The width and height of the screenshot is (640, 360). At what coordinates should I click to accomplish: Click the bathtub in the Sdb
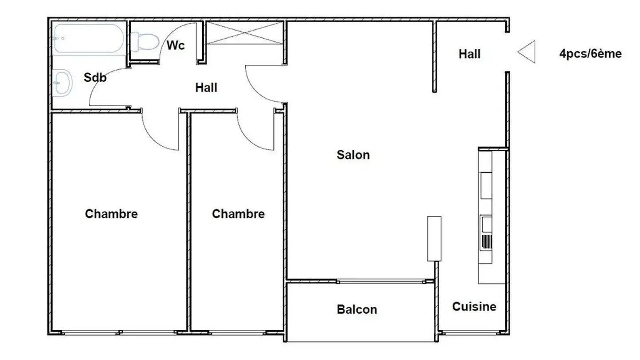pyautogui.click(x=88, y=39)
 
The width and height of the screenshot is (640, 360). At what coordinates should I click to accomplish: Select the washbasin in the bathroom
pyautogui.click(x=62, y=83)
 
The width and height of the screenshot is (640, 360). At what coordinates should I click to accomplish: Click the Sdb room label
pyautogui.click(x=95, y=77)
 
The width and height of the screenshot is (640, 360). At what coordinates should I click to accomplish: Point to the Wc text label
pyautogui.click(x=176, y=45)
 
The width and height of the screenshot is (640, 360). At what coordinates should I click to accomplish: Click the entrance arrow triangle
pyautogui.click(x=527, y=52)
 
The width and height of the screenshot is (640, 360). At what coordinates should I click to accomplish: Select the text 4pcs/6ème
pyautogui.click(x=590, y=54)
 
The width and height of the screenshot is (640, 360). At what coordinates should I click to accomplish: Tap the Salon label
pyautogui.click(x=353, y=155)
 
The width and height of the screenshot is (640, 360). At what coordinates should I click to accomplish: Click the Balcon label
pyautogui.click(x=356, y=309)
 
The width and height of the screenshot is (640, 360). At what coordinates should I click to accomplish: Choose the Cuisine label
pyautogui.click(x=474, y=306)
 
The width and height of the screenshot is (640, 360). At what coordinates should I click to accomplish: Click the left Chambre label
pyautogui.click(x=111, y=214)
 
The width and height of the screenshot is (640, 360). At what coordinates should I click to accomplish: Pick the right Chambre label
pyautogui.click(x=238, y=214)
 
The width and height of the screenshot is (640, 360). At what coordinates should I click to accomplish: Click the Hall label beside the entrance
pyautogui.click(x=470, y=54)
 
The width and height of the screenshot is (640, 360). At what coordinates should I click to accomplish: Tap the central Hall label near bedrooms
pyautogui.click(x=206, y=88)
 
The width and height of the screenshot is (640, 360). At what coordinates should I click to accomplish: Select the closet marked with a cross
pyautogui.click(x=245, y=33)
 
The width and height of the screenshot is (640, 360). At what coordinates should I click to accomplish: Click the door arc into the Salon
pyautogui.click(x=260, y=84)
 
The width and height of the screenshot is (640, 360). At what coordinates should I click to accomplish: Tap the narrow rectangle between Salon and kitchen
pyautogui.click(x=434, y=238)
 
